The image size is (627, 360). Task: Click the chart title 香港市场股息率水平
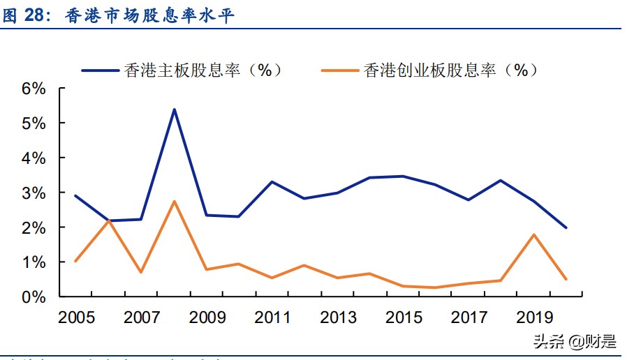(149, 16)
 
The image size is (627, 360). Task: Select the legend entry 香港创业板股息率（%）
(429, 70)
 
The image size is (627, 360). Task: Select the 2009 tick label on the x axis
(207, 317)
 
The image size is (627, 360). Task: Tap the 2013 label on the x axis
(338, 317)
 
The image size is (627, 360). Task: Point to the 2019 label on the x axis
(535, 317)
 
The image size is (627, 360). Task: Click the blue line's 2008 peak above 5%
(174, 110)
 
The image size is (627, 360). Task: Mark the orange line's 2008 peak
(174, 202)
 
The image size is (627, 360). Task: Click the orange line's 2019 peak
(534, 234)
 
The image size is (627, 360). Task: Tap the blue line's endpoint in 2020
(566, 227)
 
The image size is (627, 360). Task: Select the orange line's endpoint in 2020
(566, 279)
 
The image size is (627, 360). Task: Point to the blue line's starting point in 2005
(75, 196)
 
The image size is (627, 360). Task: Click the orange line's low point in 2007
(141, 272)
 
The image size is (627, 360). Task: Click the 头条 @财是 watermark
(575, 342)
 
